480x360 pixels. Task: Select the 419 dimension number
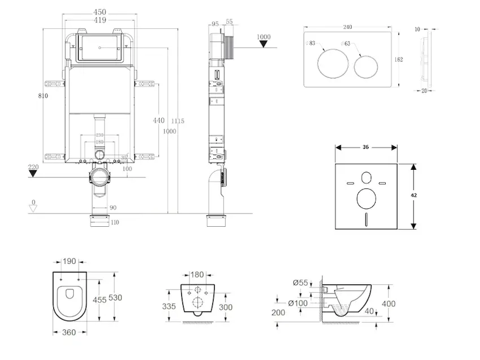[x=100, y=20]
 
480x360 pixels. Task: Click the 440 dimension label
[x=158, y=120]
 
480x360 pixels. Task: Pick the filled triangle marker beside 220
[x=33, y=174]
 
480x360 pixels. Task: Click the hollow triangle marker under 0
[x=34, y=208]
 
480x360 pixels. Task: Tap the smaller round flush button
[x=367, y=64]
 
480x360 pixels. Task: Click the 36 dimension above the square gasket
[x=365, y=147]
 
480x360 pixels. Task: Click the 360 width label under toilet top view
[x=68, y=331]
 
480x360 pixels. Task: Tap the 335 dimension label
[x=169, y=306]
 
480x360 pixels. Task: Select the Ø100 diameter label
[x=298, y=302]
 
